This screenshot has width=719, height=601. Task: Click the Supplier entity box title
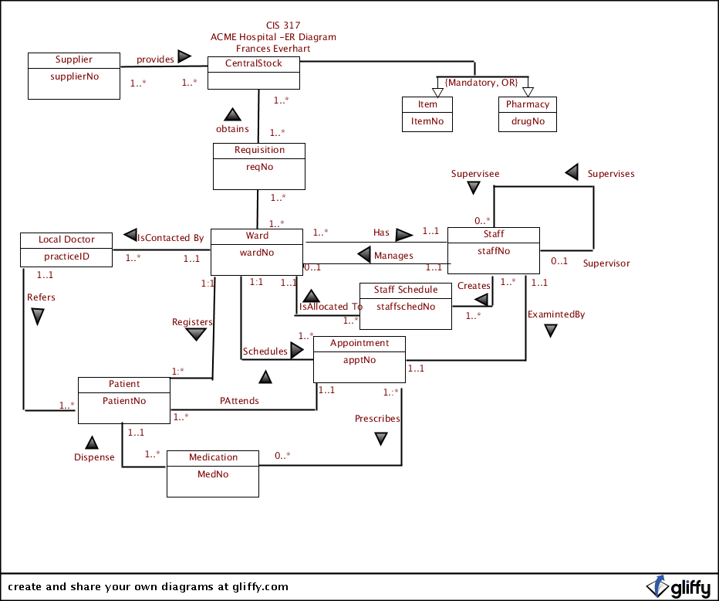[74, 59]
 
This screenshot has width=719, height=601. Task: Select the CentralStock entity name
[253, 63]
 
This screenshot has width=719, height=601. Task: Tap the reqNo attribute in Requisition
[259, 166]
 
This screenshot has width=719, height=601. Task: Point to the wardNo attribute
[257, 251]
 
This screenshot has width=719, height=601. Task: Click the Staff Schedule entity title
[406, 290]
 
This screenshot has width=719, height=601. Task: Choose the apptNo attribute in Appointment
[359, 359]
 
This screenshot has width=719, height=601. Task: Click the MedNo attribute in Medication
[213, 474]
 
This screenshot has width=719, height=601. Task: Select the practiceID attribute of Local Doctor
[67, 256]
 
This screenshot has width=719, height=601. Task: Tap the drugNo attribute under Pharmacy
[528, 121]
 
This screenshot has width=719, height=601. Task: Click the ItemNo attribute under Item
[427, 121]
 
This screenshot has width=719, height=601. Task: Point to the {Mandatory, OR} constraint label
[481, 83]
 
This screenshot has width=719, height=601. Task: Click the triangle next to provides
[184, 56]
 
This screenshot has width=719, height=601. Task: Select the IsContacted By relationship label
[170, 238]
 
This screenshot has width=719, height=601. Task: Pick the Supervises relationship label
[611, 174]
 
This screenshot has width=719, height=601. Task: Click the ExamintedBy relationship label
[555, 314]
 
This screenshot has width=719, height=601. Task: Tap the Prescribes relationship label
[377, 419]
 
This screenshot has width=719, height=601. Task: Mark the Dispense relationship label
[94, 457]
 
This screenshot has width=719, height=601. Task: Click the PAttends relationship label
[239, 401]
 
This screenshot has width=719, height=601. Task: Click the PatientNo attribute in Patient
[124, 401]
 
